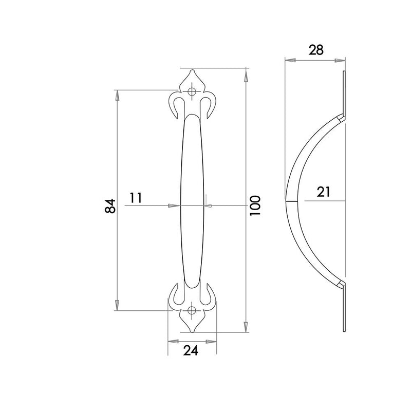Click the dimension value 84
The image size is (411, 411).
(109, 206)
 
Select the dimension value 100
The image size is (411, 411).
(256, 205)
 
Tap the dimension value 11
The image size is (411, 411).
(136, 198)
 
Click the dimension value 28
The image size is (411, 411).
(315, 50)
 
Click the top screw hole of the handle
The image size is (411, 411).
(193, 92)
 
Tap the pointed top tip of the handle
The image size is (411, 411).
(193, 70)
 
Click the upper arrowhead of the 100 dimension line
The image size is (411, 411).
(246, 75)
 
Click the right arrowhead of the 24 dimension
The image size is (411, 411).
(212, 341)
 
